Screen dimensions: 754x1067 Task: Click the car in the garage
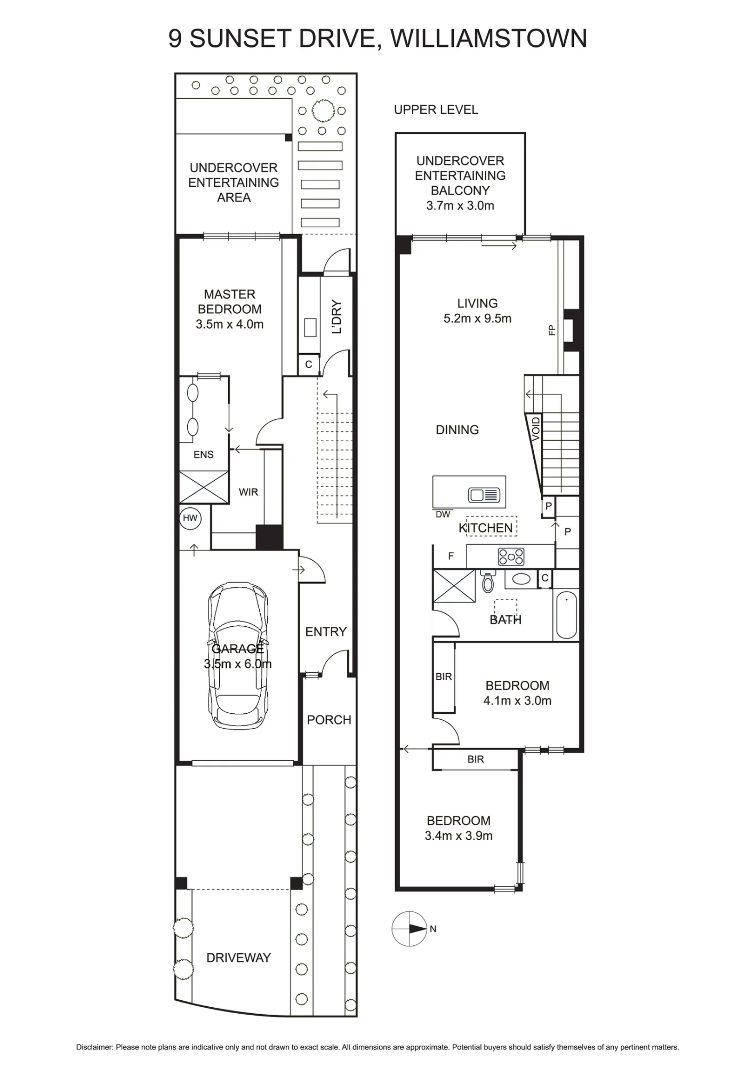click(x=238, y=655)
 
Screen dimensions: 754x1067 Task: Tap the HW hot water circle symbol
click(x=190, y=518)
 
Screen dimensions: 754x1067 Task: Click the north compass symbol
click(x=410, y=929)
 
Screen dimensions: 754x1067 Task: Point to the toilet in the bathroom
click(x=488, y=581)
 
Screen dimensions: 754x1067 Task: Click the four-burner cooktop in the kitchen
click(x=511, y=556)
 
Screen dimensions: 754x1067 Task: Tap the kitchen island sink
click(x=483, y=495)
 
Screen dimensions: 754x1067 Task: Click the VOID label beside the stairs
click(x=536, y=429)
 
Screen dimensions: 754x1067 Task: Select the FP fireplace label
click(x=552, y=330)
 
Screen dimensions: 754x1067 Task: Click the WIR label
click(x=248, y=492)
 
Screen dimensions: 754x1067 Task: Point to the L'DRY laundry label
click(x=336, y=316)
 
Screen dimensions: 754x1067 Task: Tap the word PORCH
click(x=329, y=720)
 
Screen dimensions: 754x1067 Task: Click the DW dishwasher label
click(x=443, y=514)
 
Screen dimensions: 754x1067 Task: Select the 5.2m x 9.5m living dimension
click(x=477, y=318)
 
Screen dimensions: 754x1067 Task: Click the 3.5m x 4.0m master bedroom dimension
click(x=229, y=324)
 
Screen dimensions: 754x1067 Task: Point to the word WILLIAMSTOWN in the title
click(x=488, y=38)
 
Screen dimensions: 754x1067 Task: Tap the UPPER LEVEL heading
click(x=436, y=109)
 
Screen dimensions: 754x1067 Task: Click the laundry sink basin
click(x=310, y=327)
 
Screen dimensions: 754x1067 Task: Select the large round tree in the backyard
click(x=322, y=110)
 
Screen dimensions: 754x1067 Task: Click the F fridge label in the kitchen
click(x=451, y=556)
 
